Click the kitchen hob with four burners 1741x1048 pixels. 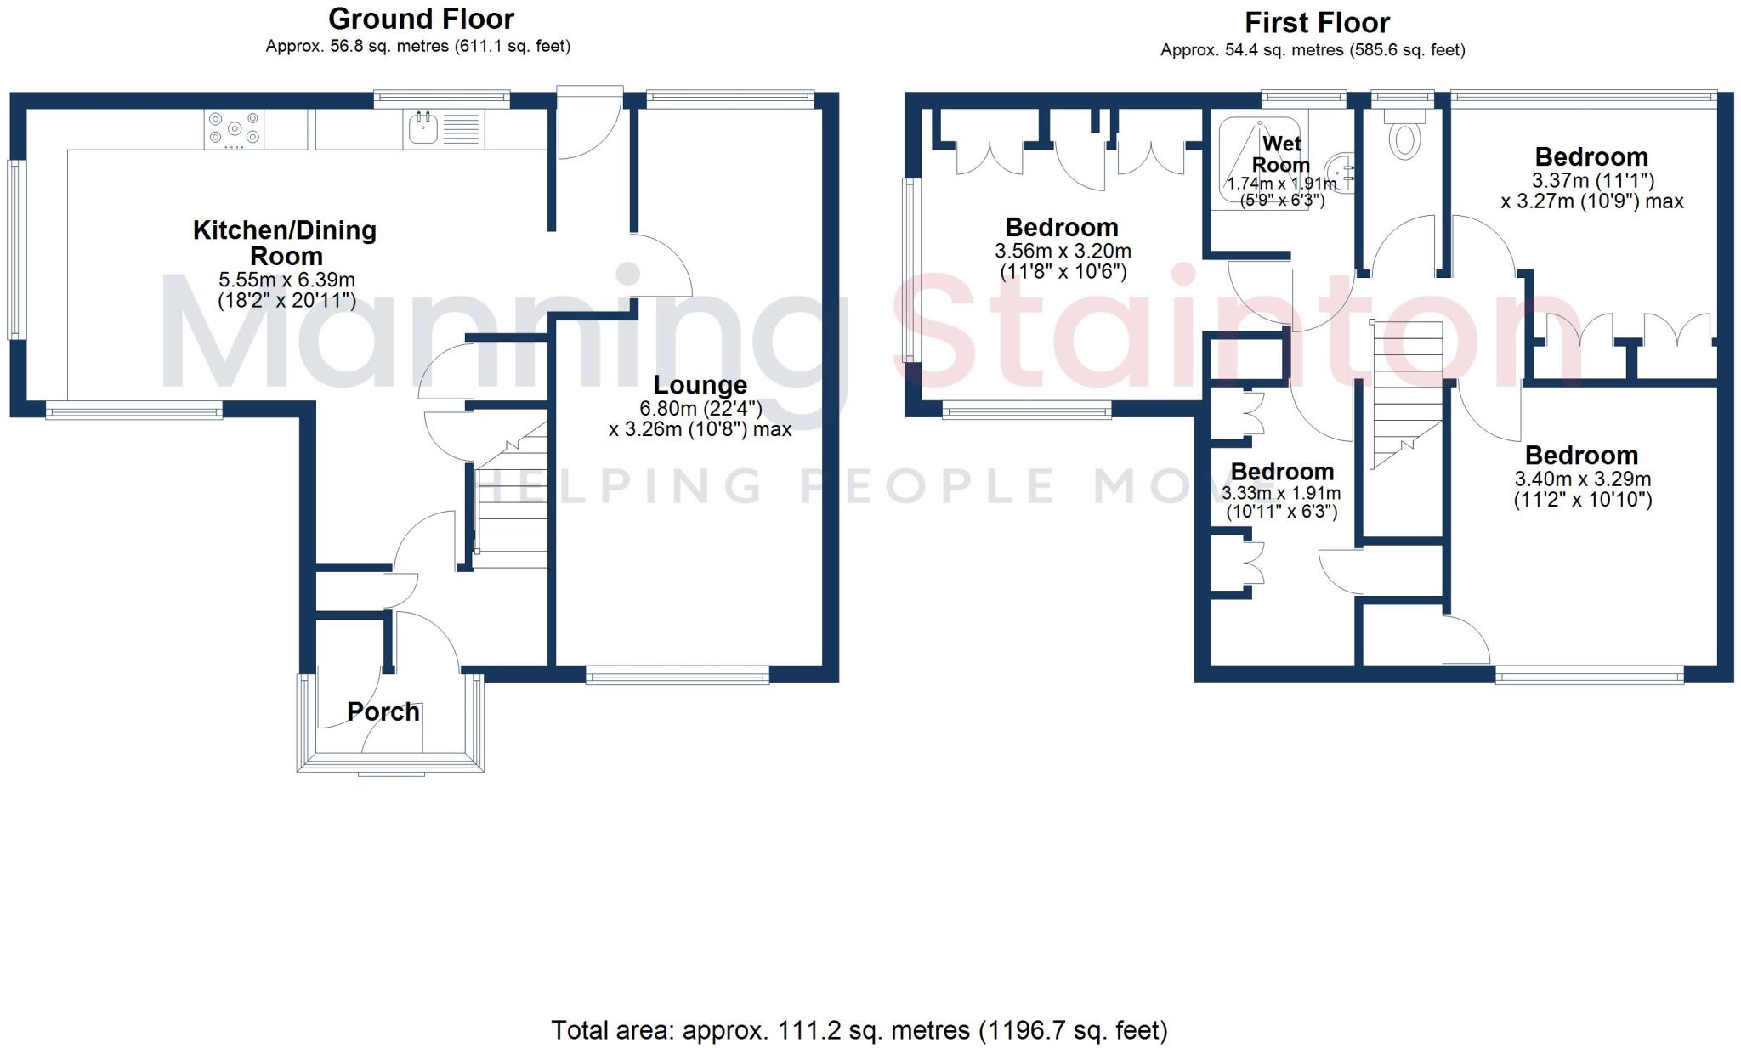[234, 130]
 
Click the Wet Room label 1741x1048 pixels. [1281, 154]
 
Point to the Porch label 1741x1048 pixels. [383, 711]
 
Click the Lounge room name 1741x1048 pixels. [700, 385]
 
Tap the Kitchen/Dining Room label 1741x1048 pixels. [285, 242]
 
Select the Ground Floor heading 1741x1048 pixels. [421, 19]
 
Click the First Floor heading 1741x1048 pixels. [1317, 22]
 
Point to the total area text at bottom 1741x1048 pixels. [859, 1030]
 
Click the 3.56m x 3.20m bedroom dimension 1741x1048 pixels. [1063, 252]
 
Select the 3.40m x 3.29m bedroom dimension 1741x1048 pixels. [1582, 479]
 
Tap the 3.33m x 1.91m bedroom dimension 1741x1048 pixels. [1281, 494]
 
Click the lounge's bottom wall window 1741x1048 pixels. [678, 676]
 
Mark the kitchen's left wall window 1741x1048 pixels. [16, 250]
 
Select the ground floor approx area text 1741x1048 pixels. [417, 46]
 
